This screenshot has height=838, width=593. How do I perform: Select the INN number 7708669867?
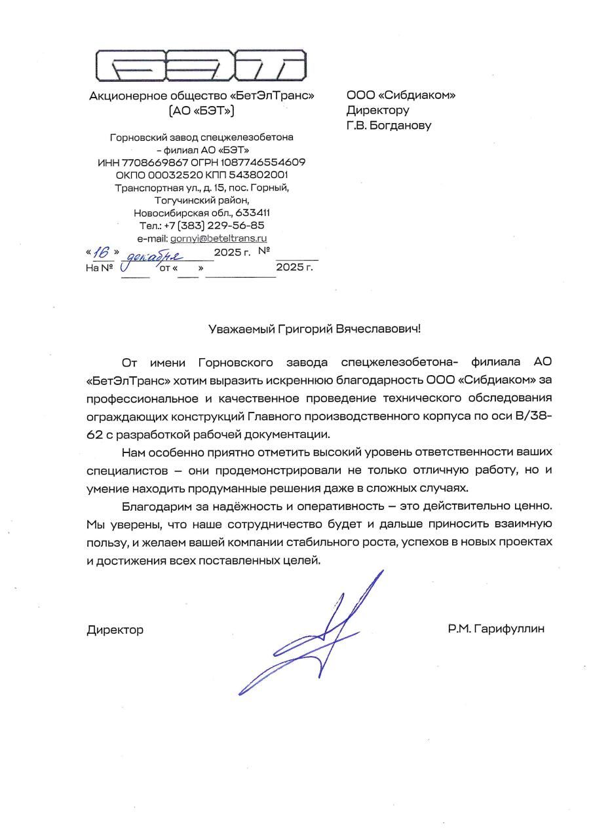coord(156,162)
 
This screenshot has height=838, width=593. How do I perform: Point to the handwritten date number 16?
coord(102,253)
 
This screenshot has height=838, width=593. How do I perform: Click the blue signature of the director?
coord(315,635)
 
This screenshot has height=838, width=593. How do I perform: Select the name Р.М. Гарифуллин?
coord(496,629)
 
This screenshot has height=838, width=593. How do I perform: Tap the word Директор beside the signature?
coord(115,630)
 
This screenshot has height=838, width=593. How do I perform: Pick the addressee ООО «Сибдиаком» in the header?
coord(400,95)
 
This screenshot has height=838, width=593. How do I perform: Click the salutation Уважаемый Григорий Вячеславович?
coord(314,329)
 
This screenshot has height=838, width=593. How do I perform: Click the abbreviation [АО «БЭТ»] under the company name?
coord(201,111)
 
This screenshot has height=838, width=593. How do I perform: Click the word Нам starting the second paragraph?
coord(134,452)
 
